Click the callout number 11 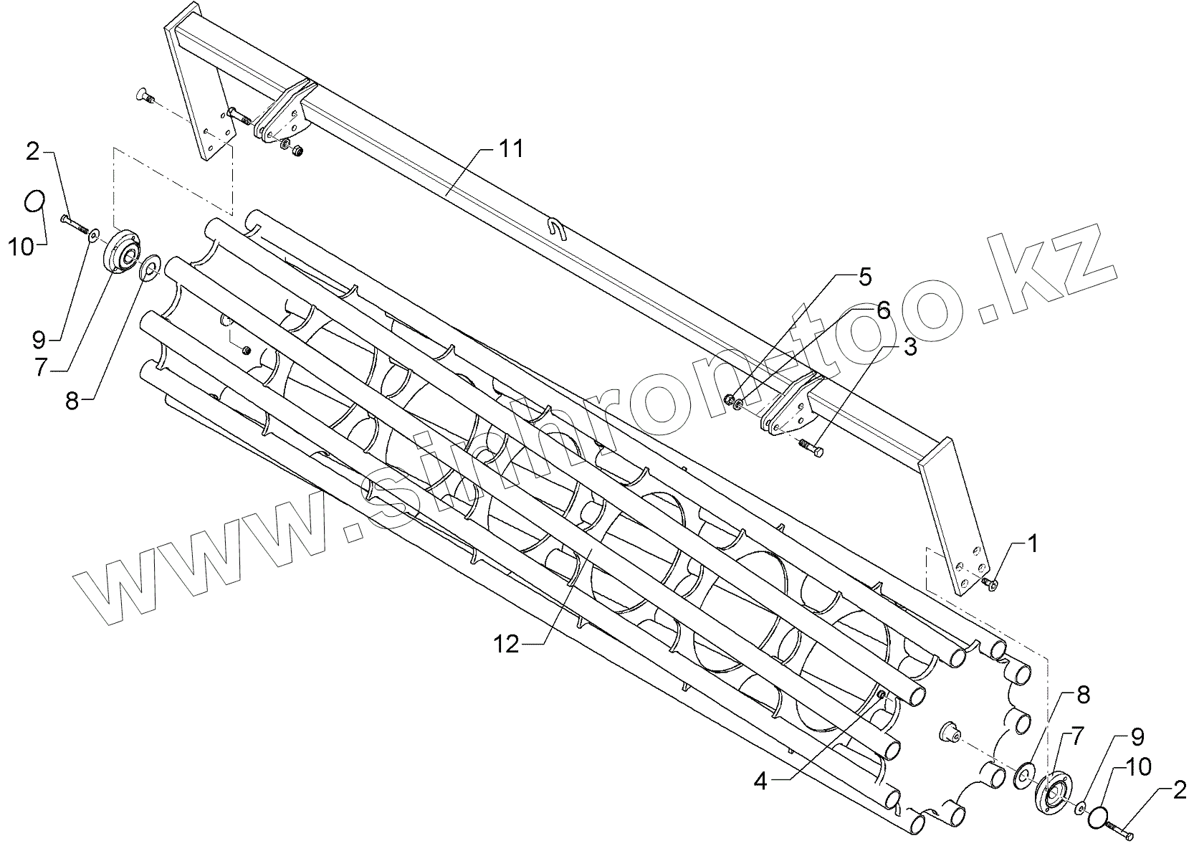512,150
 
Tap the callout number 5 866,275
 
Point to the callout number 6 883,310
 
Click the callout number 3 910,348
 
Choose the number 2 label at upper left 32,152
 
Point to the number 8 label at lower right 1082,694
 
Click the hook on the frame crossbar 558,229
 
